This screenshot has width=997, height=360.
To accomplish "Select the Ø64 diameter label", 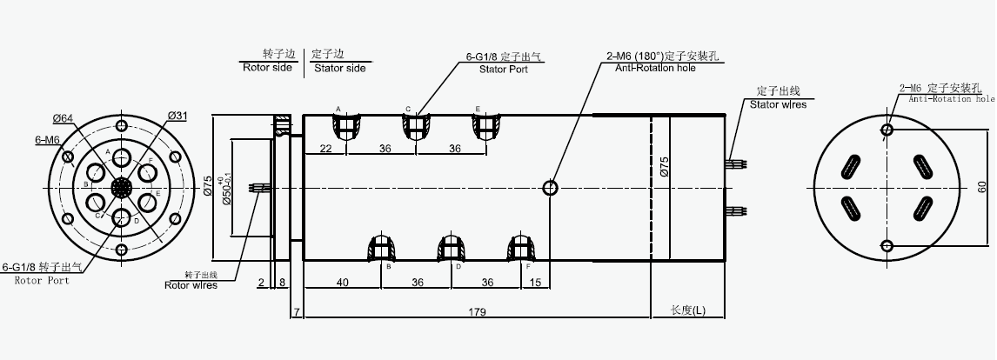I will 62,118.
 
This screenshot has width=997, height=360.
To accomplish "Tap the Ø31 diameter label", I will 177,116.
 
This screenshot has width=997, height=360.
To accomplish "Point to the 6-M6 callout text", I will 47,139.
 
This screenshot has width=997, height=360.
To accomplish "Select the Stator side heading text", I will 340,67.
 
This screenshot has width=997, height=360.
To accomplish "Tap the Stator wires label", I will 778,103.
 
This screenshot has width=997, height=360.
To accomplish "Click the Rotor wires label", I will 191,283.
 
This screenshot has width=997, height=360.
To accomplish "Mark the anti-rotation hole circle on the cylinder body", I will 551,187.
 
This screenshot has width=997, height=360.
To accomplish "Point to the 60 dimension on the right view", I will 982,187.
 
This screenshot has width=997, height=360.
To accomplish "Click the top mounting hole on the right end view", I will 887,130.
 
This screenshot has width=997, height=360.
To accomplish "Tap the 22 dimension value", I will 325,149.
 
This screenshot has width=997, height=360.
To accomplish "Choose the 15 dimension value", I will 535,282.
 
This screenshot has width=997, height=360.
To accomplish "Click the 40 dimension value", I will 342,282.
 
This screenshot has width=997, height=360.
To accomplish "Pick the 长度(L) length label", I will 688,310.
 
